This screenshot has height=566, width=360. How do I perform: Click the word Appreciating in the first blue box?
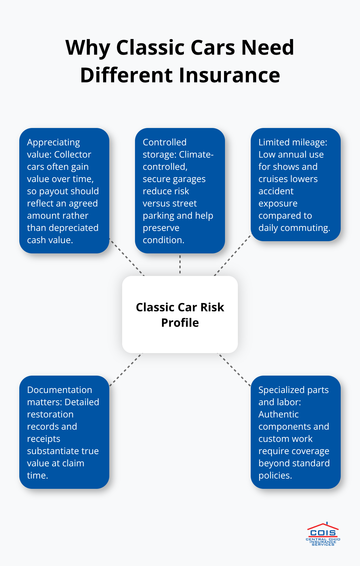tap(53, 142)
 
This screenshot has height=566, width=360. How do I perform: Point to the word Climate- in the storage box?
tap(196, 155)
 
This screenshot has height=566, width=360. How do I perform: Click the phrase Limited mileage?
tap(292, 142)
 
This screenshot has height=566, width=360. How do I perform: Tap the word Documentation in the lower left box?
tap(59, 390)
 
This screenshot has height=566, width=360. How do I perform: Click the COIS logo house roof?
tap(323, 526)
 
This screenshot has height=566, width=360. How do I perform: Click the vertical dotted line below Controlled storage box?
tap(180, 264)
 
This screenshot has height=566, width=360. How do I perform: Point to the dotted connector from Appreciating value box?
tap(127, 257)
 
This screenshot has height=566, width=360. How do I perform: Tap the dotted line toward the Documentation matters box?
tap(126, 370)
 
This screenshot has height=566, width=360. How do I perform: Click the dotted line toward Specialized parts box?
tap(234, 370)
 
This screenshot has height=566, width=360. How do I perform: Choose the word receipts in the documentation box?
tap(43, 439)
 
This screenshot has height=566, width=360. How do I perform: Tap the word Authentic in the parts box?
tap(278, 415)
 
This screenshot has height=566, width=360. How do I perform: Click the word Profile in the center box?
tap(180, 323)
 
